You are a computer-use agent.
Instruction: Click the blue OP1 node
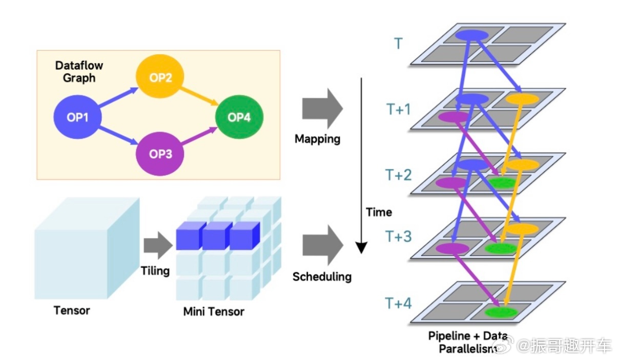pos(78,117)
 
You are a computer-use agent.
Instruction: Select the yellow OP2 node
pos(160,78)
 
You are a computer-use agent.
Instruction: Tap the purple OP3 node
pos(160,153)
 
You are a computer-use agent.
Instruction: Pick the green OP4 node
pos(239,117)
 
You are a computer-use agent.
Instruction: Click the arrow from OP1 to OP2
pos(117,97)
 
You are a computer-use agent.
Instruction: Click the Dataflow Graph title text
pos(79,72)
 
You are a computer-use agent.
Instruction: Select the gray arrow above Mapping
pos(322,108)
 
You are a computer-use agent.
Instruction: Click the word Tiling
pos(155,270)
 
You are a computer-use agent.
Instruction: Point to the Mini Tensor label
pos(214,311)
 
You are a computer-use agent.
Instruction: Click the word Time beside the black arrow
pos(379,212)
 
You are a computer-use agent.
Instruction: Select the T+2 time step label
pos(398,176)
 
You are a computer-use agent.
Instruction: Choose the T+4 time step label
pos(398,304)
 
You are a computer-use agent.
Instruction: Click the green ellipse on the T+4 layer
pos(501,311)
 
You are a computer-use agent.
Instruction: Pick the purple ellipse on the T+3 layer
pos(452,248)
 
